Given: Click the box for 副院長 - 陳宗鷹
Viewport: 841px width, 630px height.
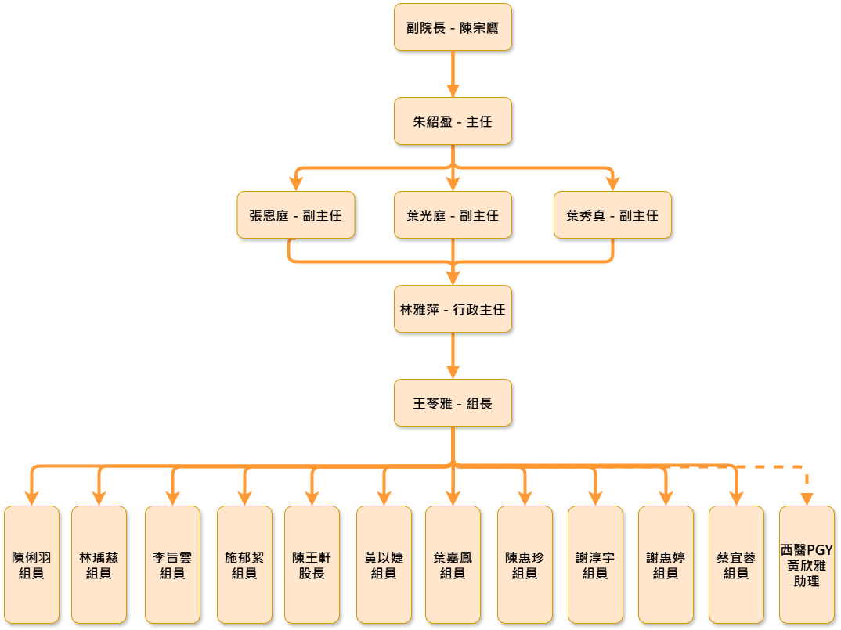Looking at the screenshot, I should (453, 27).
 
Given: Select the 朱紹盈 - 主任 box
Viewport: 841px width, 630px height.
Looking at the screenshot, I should (453, 121).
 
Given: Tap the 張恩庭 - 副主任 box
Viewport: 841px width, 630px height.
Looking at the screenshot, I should (296, 215).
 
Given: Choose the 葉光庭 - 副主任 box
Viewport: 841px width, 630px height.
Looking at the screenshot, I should (453, 215).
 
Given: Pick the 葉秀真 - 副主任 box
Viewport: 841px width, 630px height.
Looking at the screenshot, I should (612, 215).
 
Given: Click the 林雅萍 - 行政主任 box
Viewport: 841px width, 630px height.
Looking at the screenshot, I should (453, 309).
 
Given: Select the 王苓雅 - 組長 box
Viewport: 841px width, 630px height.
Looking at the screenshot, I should (453, 403).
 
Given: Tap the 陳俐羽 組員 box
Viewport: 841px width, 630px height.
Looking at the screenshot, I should (31, 564).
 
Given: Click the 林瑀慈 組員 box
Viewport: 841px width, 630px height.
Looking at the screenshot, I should (99, 564).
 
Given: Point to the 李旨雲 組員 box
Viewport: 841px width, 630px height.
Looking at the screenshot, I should (172, 564).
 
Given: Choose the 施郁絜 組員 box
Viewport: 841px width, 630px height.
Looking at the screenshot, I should (244, 564).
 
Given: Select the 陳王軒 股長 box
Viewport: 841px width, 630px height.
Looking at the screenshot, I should (312, 564).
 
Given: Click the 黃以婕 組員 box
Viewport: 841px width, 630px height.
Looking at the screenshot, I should (384, 564).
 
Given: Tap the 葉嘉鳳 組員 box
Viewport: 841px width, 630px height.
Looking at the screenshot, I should (453, 564).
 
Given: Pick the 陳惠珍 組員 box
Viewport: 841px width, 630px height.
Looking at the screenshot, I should (525, 564).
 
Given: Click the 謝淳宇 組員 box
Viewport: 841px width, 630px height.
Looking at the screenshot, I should (595, 564).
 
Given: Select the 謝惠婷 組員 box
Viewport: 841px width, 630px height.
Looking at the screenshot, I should (666, 564).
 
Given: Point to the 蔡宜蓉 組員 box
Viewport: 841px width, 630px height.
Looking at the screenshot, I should (736, 564).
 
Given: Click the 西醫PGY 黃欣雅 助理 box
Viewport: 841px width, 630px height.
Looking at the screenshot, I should (807, 564).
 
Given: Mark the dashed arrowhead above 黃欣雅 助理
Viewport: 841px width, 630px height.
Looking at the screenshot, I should (807, 499).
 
